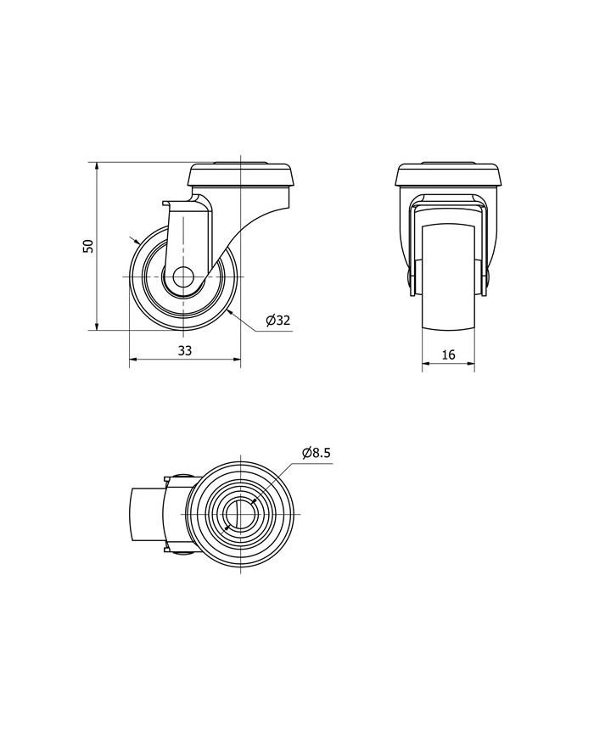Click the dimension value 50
[x=88, y=246]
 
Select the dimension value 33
[x=184, y=350]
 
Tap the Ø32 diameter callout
[x=278, y=321]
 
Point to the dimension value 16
[x=449, y=355]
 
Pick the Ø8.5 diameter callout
[x=317, y=453]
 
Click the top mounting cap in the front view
[x=448, y=175]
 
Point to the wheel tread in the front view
[x=448, y=278]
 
